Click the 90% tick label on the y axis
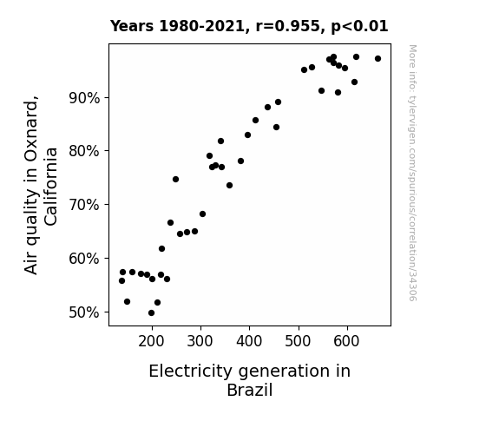(x=84, y=98)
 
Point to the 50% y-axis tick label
(x=84, y=312)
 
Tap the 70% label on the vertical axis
(x=84, y=205)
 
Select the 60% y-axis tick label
(x=84, y=259)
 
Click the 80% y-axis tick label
(x=84, y=151)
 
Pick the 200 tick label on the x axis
(x=151, y=341)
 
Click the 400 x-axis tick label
(x=249, y=341)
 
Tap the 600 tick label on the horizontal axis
(x=346, y=341)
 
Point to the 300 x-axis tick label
(x=200, y=341)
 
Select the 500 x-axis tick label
(x=298, y=341)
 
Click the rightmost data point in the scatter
(x=378, y=58)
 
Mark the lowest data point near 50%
(x=152, y=313)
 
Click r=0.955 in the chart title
(x=288, y=26)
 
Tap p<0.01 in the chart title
(x=359, y=27)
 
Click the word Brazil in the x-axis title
(x=250, y=390)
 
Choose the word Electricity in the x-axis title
(x=191, y=372)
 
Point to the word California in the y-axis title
(x=51, y=187)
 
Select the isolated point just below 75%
(x=175, y=180)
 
